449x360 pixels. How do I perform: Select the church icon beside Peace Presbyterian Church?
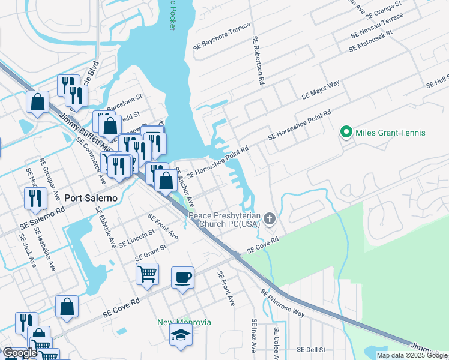pos(270,219)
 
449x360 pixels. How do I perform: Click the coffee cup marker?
pos(183,278)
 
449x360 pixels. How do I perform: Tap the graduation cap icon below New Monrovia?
pos(181,336)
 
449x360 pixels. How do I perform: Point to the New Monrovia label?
pos(184,322)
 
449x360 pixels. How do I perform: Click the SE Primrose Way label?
pos(282,304)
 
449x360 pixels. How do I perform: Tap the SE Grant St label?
pos(151,253)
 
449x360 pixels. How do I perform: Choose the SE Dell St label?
pos(311,349)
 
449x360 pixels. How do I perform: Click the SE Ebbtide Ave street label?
pos(106,227)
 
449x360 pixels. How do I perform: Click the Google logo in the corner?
pos(20,353)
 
